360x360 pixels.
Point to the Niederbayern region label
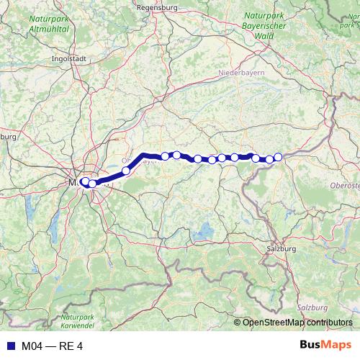(243, 73)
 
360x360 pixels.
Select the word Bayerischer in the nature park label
(264, 24)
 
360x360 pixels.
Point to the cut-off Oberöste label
(344, 185)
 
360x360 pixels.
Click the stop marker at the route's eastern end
(278, 156)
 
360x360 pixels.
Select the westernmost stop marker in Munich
(84, 181)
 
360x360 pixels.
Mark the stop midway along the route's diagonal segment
(126, 171)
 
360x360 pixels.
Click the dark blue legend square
(9, 346)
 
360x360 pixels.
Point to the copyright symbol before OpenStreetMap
(238, 322)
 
